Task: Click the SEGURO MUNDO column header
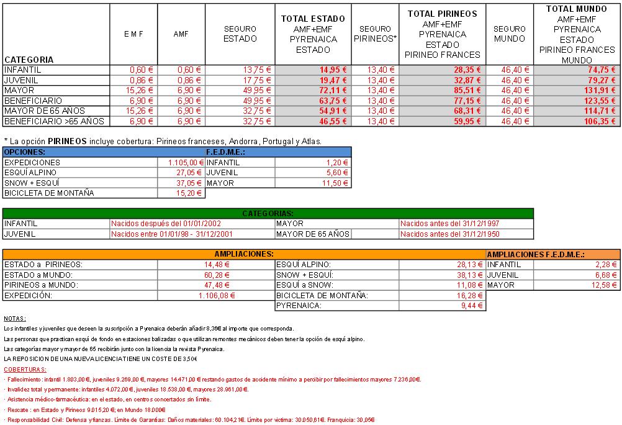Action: pyautogui.click(x=510, y=34)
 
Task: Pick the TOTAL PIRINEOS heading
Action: pyautogui.click(x=442, y=13)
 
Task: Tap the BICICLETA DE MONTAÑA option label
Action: pyautogui.click(x=49, y=193)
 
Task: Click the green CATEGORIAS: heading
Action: pyautogui.click(x=268, y=213)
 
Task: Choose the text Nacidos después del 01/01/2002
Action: pyautogui.click(x=166, y=224)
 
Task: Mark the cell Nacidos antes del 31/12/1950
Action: pyautogui.click(x=450, y=234)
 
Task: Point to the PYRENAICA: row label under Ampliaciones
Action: pyautogui.click(x=299, y=306)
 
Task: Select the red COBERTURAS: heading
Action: pyautogui.click(x=21, y=369)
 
